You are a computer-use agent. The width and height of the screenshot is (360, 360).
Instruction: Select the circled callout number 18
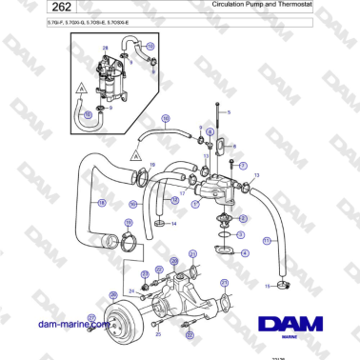coord(102,203)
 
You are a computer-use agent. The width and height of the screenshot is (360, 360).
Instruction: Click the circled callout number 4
coord(246,252)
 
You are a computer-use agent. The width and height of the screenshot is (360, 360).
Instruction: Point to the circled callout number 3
coord(240,234)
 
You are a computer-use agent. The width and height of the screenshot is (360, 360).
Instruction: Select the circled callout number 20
coord(173,261)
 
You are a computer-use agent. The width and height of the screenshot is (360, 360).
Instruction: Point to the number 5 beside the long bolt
coord(228,112)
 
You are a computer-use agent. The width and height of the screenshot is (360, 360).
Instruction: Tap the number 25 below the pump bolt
coord(157,335)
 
